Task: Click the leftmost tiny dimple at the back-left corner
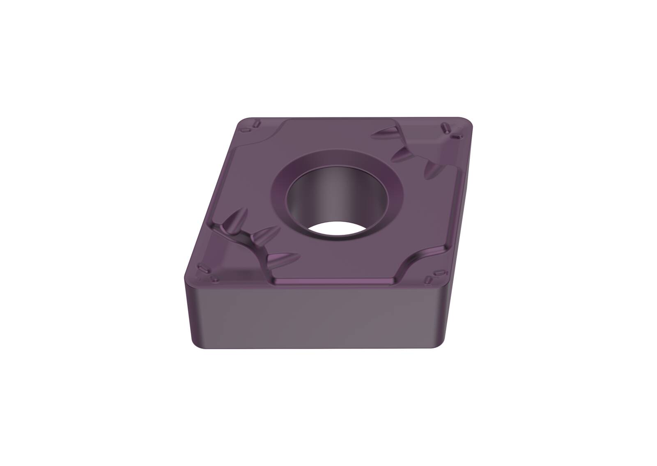click(246, 130)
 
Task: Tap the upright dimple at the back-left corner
click(257, 123)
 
